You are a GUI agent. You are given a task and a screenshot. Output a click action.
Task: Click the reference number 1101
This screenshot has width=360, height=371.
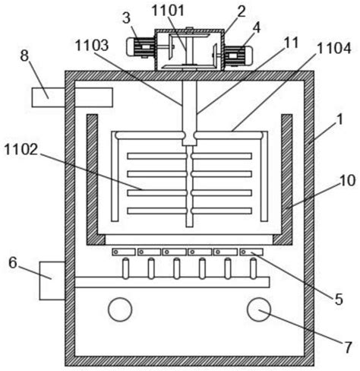[x=168, y=11]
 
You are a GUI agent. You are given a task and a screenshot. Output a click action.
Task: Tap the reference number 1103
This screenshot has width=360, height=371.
[x=92, y=46]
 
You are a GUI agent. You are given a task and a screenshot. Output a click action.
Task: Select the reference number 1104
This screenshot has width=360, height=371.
[x=334, y=48]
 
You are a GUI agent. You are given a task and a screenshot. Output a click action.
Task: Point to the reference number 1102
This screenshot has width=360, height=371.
[x=21, y=149]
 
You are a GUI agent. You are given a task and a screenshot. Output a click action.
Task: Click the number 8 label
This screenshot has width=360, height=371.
[x=24, y=55]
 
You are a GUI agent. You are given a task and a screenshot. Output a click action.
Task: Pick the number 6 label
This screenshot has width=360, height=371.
[x=13, y=263]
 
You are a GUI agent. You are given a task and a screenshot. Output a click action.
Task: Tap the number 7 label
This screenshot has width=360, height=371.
[x=348, y=347]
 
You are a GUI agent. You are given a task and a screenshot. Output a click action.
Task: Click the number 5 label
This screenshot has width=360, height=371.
[x=339, y=300]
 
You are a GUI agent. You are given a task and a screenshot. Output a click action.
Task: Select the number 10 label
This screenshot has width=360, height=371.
[x=348, y=181]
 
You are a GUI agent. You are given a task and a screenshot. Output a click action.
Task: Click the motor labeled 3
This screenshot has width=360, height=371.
[x=141, y=47]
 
